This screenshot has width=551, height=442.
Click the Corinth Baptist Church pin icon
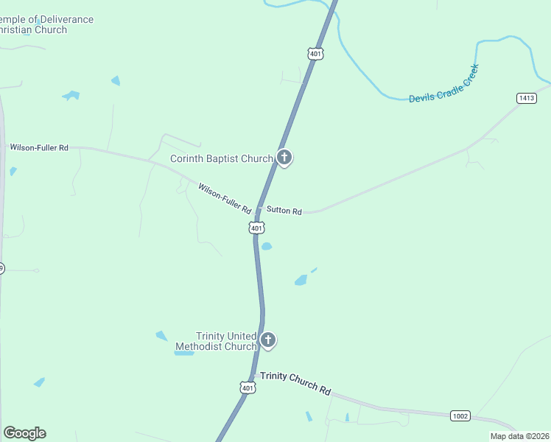pos(284,157)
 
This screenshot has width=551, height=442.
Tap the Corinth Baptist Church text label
pos(221,158)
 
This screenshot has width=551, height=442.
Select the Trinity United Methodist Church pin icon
pos(268,340)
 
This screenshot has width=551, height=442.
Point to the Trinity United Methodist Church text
pos(215,341)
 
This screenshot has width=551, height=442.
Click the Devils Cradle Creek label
pos(444,83)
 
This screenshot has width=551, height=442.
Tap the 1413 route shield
pos(526,98)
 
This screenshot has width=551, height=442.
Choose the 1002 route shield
pos(460,416)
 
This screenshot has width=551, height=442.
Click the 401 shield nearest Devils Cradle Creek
pos(315,54)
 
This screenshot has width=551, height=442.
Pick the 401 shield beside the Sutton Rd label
pos(256,228)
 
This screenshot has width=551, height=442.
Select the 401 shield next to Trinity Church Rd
pos(248,387)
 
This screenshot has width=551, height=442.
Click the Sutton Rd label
pos(284,211)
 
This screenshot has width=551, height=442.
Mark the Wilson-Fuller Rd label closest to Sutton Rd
pos(225,198)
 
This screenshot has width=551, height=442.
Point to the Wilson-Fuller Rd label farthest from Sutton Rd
pos(38,147)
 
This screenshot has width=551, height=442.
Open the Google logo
pos(24,433)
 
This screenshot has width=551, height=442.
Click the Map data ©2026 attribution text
pos(519,436)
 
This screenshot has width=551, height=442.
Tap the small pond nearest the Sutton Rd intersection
pos(267,247)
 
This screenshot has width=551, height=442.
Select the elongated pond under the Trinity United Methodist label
pos(183,353)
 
